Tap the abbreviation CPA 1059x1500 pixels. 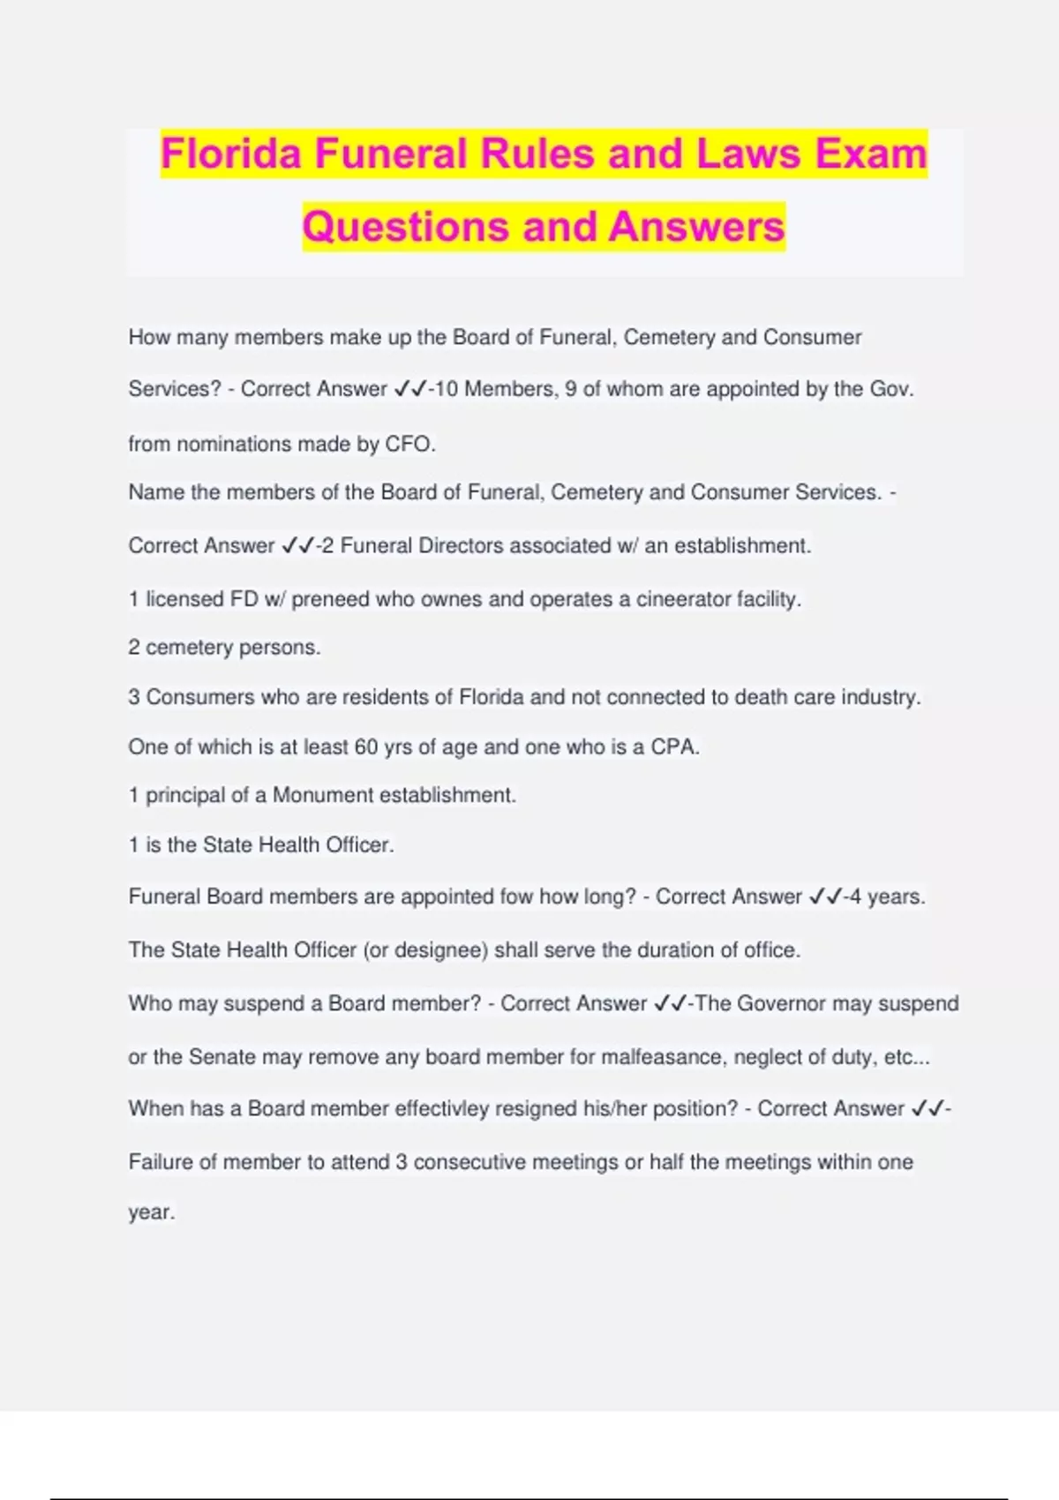pos(674,747)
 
